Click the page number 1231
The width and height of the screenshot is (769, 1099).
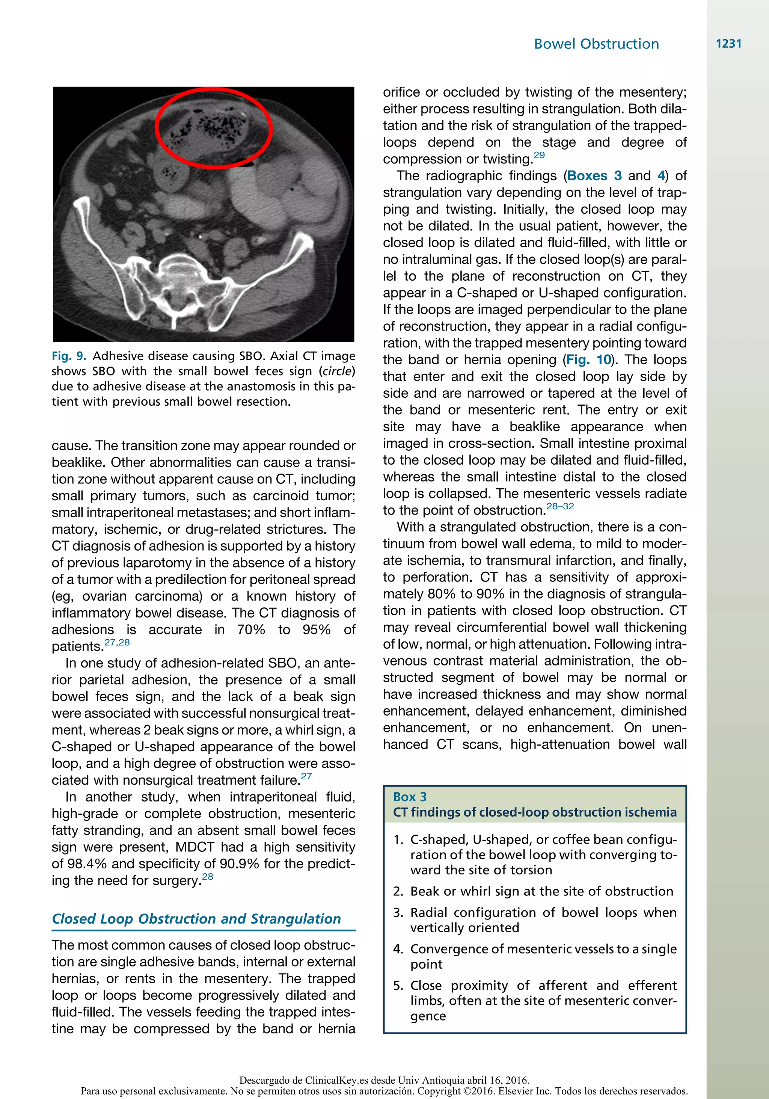[728, 44]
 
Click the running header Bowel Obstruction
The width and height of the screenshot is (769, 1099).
[596, 44]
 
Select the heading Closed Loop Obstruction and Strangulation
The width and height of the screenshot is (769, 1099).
[196, 919]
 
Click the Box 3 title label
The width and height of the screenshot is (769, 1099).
[410, 797]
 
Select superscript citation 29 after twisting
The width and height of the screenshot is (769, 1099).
[539, 155]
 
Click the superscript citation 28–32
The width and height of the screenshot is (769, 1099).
[560, 506]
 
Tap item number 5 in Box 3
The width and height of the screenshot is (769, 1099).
[398, 986]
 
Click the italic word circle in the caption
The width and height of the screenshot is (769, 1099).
[336, 371]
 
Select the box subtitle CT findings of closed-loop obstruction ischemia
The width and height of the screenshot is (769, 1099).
[535, 812]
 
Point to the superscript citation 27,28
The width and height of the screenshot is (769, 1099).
[117, 642]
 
